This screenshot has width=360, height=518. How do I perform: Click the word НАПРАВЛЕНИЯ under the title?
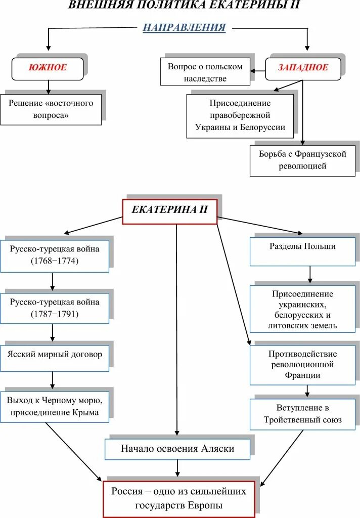[x=184, y=27]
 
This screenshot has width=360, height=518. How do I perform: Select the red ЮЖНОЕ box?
[x=47, y=68]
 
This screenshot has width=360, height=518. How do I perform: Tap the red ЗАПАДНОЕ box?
[x=303, y=68]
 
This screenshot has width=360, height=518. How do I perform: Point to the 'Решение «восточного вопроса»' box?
[x=51, y=109]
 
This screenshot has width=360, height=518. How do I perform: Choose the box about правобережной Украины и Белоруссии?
[x=240, y=115]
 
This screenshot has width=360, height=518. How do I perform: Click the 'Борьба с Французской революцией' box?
[x=302, y=160]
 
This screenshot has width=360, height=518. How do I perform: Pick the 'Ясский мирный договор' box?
[x=54, y=354]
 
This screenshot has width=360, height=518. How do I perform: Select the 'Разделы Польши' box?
[x=302, y=246]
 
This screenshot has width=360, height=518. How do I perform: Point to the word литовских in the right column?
[x=288, y=325]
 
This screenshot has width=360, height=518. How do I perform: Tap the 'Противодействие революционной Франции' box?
[x=302, y=364]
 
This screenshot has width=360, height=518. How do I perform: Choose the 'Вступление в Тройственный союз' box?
[x=302, y=414]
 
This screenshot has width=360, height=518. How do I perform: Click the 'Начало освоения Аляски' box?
[x=177, y=449]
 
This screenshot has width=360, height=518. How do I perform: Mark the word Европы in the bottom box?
[x=205, y=505]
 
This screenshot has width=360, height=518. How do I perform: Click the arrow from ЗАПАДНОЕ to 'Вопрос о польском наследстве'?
[x=258, y=71]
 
